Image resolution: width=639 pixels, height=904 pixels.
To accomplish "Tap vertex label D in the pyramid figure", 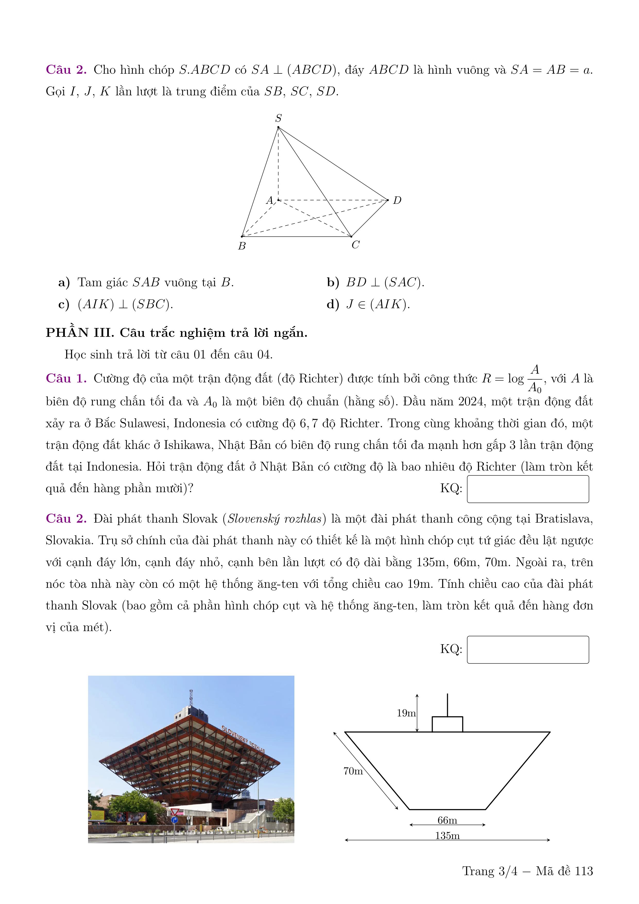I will (397, 200).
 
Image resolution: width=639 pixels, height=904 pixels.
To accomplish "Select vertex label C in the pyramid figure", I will (355, 245).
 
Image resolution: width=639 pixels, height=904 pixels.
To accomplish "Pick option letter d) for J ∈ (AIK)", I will (333, 304).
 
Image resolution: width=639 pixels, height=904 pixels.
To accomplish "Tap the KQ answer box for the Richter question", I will (528, 489).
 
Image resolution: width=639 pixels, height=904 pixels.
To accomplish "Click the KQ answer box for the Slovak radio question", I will (528, 650).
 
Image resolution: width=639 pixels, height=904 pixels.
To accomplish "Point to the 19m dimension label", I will (406, 713).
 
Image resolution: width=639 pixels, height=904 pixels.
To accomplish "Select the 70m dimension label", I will (353, 771).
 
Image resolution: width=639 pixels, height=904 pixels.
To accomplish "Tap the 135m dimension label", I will (447, 832).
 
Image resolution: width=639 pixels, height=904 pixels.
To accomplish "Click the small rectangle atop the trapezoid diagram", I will (447, 724).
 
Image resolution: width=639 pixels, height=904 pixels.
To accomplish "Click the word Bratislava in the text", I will (564, 519).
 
